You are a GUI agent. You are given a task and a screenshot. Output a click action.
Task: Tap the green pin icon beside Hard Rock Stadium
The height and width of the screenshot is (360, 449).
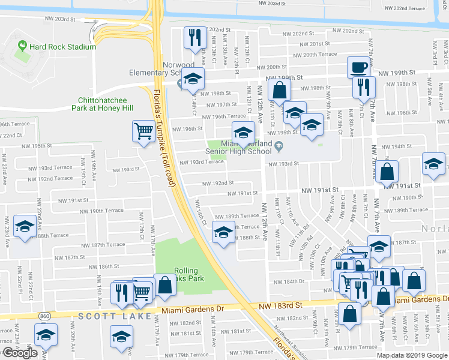point(22,46)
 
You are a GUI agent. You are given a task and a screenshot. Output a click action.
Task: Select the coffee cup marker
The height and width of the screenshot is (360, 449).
point(358,67)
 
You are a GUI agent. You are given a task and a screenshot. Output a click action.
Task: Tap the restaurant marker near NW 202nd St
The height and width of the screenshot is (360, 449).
point(194,38)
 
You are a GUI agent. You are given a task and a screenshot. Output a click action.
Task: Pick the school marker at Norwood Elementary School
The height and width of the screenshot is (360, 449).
point(193,79)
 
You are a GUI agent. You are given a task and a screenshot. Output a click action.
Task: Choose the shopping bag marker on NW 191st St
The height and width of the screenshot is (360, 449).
point(388,171)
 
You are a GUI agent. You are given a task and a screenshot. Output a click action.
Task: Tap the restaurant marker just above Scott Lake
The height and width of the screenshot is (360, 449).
point(122,292)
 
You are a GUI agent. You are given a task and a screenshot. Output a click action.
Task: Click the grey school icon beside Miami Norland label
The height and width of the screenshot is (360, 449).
point(279,145)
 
